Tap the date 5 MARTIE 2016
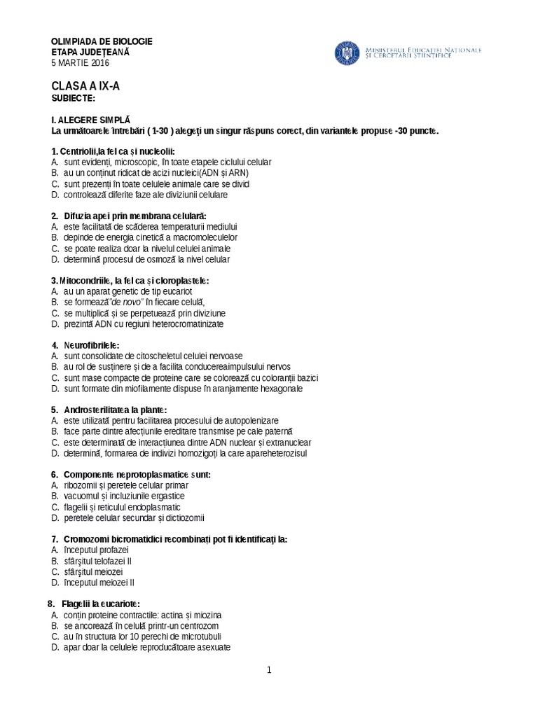coord(81,62)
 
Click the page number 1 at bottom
coord(268,670)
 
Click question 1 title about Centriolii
coord(113,151)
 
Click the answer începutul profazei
coord(95,550)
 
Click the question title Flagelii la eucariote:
coord(100,604)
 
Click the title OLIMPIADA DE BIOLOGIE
coord(102,41)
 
